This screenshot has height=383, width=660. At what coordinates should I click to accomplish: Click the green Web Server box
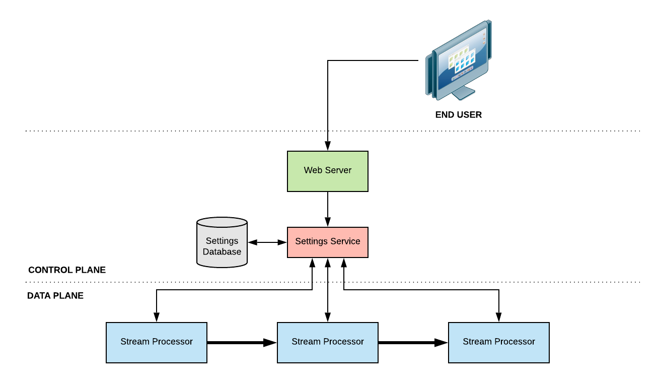[328, 171]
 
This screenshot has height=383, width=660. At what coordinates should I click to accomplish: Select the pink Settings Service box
[328, 242]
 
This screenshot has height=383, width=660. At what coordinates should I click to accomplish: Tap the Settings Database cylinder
[222, 242]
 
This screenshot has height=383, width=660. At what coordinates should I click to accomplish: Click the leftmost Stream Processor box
[157, 343]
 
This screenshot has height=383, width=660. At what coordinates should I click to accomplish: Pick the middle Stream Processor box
[328, 343]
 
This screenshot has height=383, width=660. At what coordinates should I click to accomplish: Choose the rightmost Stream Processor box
[499, 343]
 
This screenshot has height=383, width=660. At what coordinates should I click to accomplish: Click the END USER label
[459, 115]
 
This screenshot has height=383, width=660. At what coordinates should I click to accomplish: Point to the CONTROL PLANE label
[67, 270]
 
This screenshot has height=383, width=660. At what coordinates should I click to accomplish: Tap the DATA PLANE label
[55, 295]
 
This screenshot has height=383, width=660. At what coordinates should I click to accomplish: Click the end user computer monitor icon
[459, 60]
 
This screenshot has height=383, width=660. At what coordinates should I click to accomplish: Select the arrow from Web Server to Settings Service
[328, 209]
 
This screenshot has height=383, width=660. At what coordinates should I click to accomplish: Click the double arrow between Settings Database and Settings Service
[267, 242]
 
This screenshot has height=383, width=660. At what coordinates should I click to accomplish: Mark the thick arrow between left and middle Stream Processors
[242, 343]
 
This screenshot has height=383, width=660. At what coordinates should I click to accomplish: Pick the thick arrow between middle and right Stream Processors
[413, 343]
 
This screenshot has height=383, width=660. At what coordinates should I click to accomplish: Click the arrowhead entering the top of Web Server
[328, 146]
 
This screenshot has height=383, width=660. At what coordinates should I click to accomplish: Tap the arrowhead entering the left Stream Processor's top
[157, 317]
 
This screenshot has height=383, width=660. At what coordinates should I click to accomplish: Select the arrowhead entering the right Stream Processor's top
[499, 317]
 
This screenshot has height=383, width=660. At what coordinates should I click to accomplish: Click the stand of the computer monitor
[463, 93]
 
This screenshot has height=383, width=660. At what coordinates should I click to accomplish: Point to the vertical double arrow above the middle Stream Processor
[328, 290]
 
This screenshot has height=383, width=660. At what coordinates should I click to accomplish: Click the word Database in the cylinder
[222, 251]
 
